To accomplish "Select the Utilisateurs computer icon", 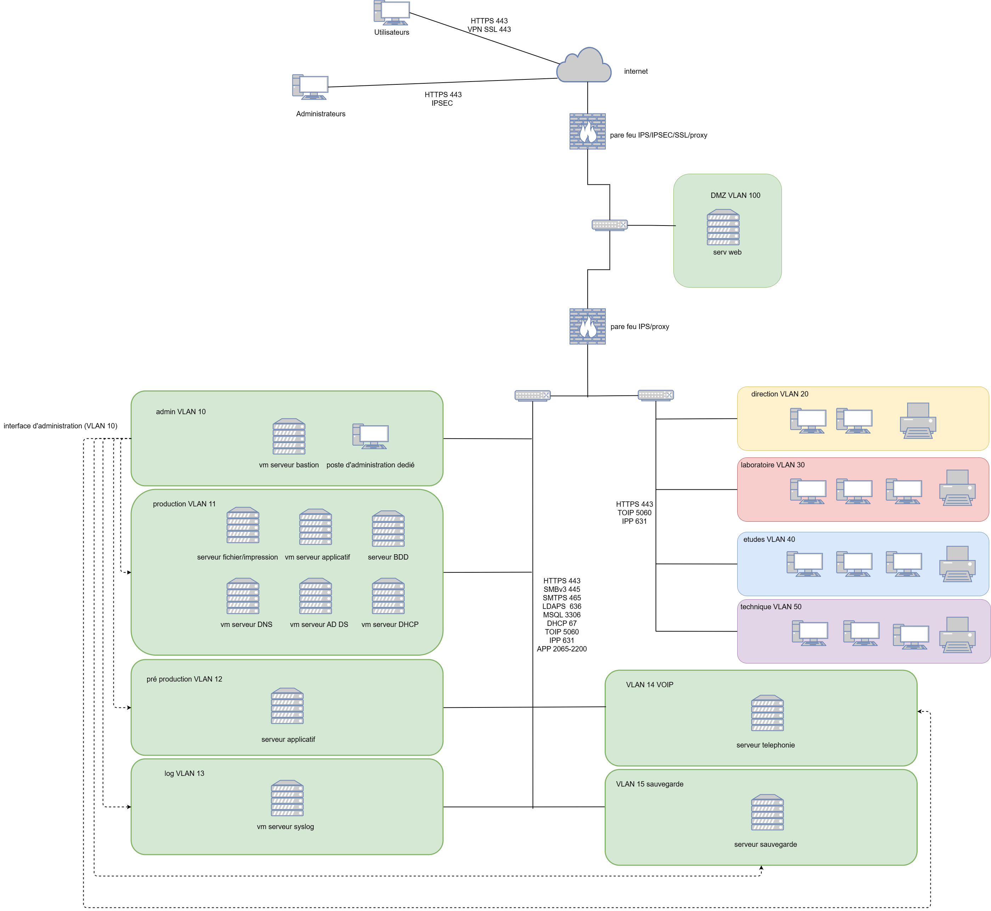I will pyautogui.click(x=392, y=13).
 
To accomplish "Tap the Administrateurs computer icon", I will pyautogui.click(x=310, y=87).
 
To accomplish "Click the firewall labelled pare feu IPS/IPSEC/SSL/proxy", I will pyautogui.click(x=587, y=131).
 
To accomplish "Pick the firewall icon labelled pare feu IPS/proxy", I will pyautogui.click(x=587, y=326).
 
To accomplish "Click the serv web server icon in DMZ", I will pyautogui.click(x=723, y=227).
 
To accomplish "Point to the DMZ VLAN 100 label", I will pyautogui.click(x=735, y=195).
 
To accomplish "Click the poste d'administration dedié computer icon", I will pyautogui.click(x=371, y=436).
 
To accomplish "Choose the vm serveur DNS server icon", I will pyautogui.click(x=243, y=596).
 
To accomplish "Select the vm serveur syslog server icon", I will pyautogui.click(x=287, y=798).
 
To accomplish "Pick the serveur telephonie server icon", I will pyautogui.click(x=767, y=713).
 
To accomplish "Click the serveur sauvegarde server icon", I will pyautogui.click(x=767, y=812).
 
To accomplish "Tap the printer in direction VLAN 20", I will pyautogui.click(x=918, y=421).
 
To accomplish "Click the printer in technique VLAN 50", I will pyautogui.click(x=957, y=635).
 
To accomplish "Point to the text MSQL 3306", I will pyautogui.click(x=561, y=615).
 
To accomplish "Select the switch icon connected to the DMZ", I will pyautogui.click(x=610, y=225).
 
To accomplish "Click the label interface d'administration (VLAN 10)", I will pyautogui.click(x=60, y=426).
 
